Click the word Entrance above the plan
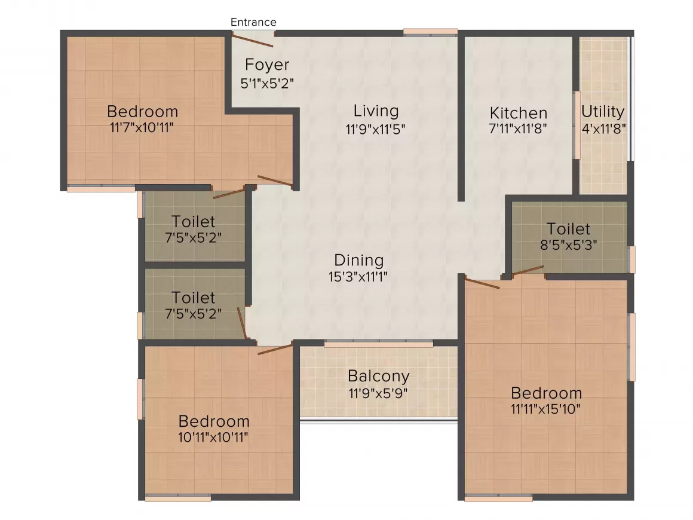point(253,22)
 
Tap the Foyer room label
point(267,65)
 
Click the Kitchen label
point(518,113)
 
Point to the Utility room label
point(603,112)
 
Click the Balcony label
point(379,377)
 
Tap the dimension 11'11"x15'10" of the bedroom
point(546,409)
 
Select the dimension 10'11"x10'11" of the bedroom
point(213,437)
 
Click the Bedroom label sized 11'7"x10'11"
point(142,111)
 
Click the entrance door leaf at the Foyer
point(253,41)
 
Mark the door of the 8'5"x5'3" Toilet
point(527,270)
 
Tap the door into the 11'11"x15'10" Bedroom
point(482,283)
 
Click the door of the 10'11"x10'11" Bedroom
point(275,348)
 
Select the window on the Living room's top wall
point(430,32)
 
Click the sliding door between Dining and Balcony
point(379,343)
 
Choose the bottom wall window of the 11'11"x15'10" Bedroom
point(490,497)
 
